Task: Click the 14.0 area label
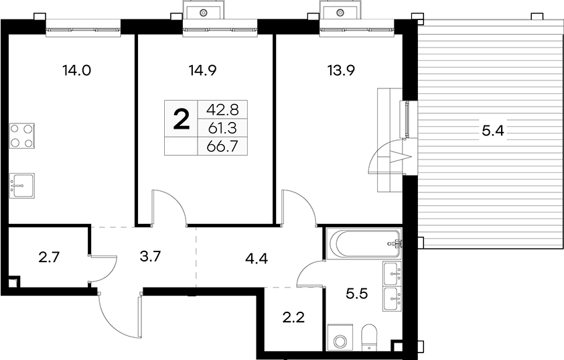(76, 70)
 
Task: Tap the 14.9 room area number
(202, 70)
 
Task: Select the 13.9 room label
(341, 70)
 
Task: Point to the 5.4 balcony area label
(493, 131)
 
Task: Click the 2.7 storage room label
(48, 257)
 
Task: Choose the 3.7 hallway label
(149, 257)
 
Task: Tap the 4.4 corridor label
(257, 258)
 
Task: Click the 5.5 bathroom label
(356, 294)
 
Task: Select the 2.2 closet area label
(293, 318)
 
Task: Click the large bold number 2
(182, 120)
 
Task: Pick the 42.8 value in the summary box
(222, 109)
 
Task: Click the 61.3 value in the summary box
(222, 127)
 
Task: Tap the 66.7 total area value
(222, 146)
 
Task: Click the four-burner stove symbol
(22, 135)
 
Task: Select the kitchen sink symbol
(22, 186)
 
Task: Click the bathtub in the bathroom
(363, 244)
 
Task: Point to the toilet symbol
(368, 337)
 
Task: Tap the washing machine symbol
(340, 337)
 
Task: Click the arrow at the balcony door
(401, 157)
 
